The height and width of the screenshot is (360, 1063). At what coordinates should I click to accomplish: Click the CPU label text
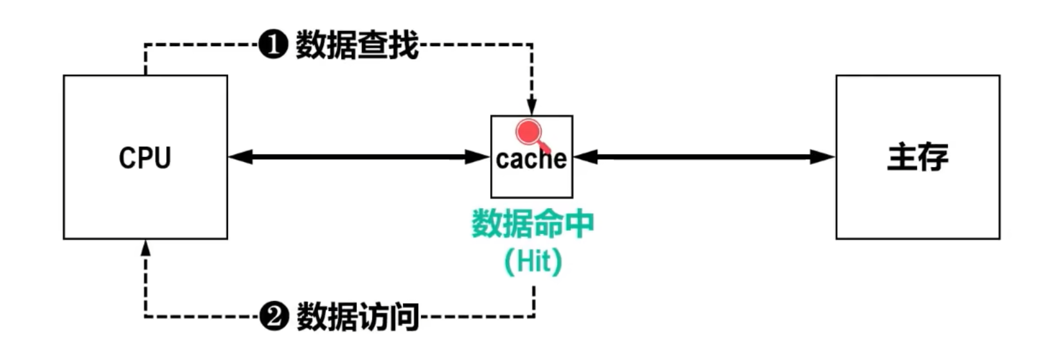click(145, 158)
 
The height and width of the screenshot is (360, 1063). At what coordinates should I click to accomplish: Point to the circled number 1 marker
click(273, 45)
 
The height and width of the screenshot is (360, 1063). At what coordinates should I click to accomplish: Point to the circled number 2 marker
click(274, 317)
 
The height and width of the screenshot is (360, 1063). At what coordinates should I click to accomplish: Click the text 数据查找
click(357, 45)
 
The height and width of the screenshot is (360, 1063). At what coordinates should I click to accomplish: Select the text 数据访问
click(357, 317)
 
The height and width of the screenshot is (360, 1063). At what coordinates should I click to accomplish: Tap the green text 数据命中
click(532, 224)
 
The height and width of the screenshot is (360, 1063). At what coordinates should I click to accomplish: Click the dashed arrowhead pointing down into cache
click(531, 107)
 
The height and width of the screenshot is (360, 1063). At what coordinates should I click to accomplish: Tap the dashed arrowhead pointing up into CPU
click(146, 248)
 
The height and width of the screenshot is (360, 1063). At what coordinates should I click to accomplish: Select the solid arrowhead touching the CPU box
click(240, 157)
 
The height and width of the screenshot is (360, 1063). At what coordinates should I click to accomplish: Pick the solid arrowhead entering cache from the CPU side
click(478, 157)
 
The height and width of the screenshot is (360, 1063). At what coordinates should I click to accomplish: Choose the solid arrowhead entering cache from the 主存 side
click(585, 157)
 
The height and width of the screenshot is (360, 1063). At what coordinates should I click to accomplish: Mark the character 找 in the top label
click(403, 45)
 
